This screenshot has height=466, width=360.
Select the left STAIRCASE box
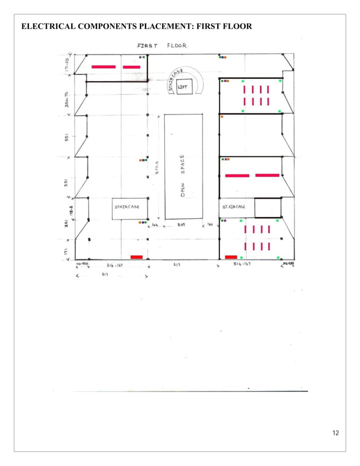130,208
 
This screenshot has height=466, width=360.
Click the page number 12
336,433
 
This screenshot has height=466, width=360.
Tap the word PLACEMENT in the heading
156,27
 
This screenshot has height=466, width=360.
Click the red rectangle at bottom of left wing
137,257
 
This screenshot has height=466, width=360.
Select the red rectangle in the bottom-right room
231,257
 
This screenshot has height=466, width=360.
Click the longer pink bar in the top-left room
103,67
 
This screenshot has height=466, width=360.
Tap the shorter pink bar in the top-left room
131,67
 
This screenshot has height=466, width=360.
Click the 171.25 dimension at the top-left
67,66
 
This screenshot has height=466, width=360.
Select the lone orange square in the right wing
222,116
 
